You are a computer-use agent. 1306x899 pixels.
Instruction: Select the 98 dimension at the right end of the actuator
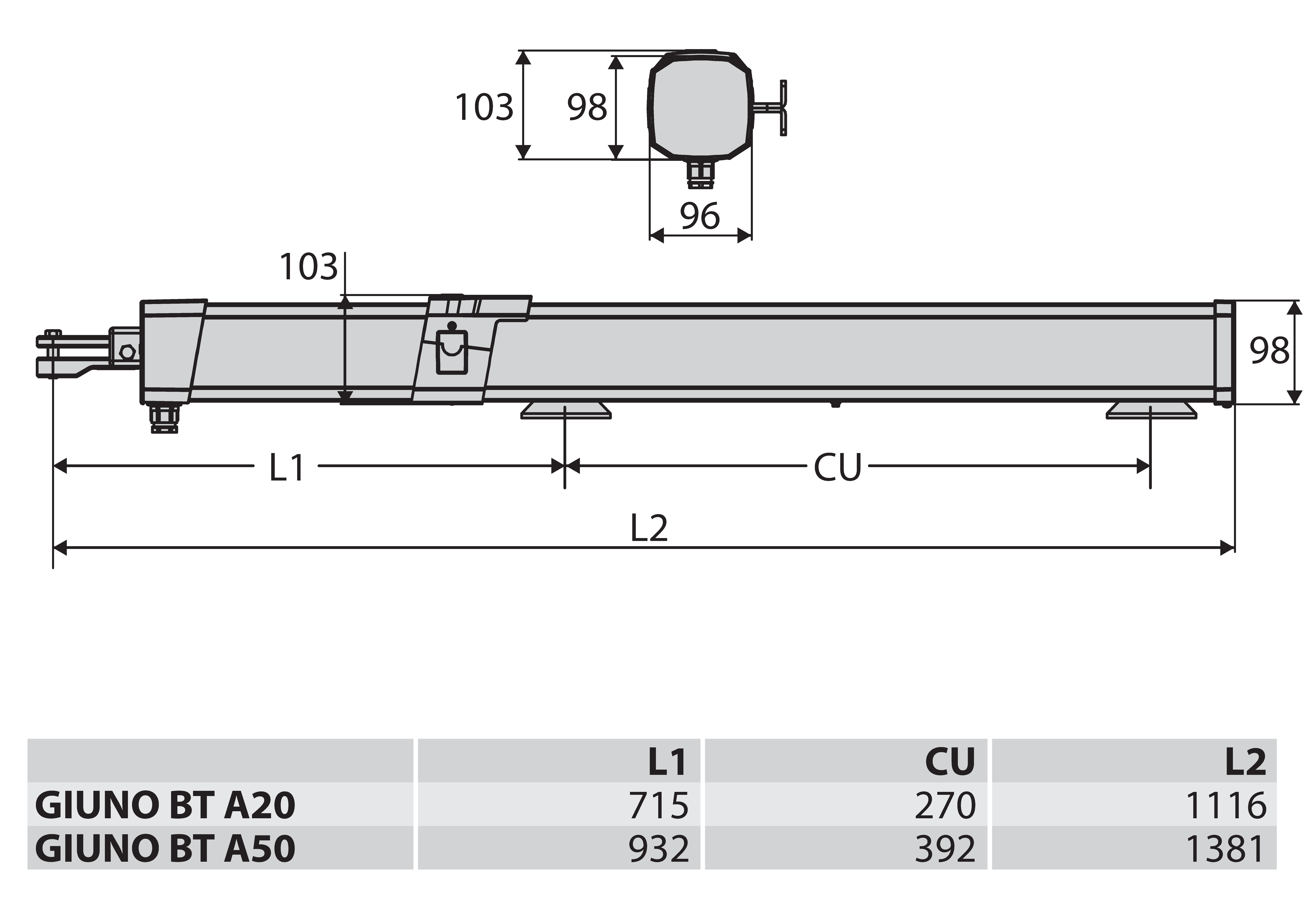[1269, 351]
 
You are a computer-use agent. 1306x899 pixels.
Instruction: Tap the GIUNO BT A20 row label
[165, 806]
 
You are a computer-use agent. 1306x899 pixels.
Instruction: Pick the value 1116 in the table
[1226, 806]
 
